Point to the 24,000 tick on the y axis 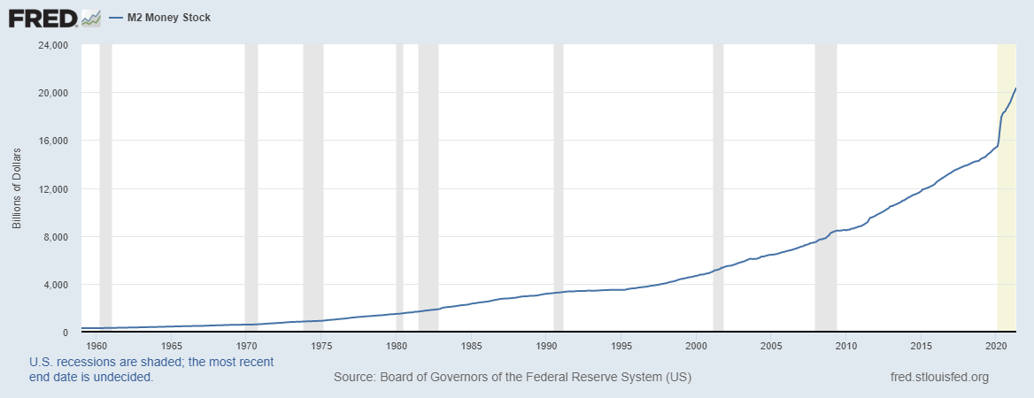click(x=55, y=45)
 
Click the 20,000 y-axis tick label click(x=55, y=93)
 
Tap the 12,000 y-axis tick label click(x=55, y=189)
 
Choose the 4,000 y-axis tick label click(x=58, y=285)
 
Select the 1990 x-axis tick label click(x=547, y=345)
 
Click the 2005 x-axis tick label click(x=772, y=345)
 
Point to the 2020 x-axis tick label click(x=997, y=345)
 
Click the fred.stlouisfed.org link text click(x=938, y=378)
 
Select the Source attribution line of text click(x=512, y=378)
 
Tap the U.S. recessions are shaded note click(x=151, y=369)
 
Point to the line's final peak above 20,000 click(x=1015, y=88)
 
